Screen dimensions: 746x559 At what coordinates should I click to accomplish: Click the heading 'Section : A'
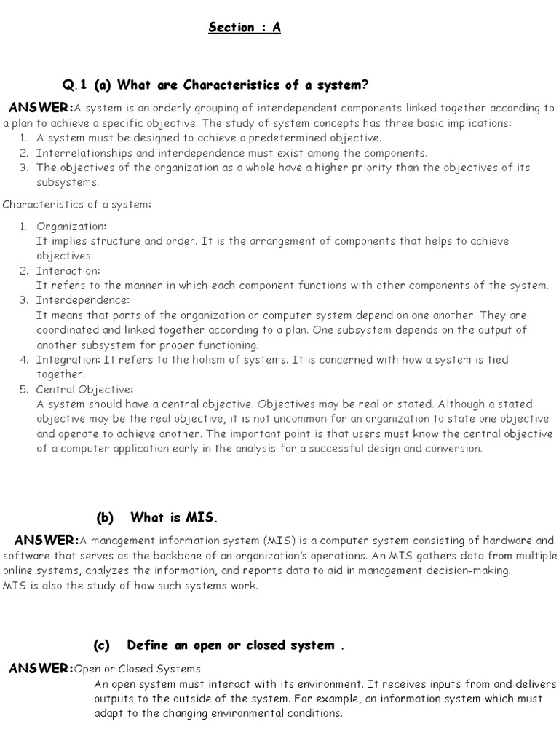244,28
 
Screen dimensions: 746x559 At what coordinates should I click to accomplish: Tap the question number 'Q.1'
75,85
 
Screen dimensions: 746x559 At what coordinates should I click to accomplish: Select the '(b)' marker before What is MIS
106,517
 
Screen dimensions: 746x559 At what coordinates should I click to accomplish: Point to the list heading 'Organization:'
71,227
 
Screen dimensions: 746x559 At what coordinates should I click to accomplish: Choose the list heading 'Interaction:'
68,270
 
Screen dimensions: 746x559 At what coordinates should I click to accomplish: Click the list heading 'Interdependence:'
83,300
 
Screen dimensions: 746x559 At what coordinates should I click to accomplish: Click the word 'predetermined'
277,138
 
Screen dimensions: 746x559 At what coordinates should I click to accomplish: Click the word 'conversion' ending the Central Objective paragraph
454,448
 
